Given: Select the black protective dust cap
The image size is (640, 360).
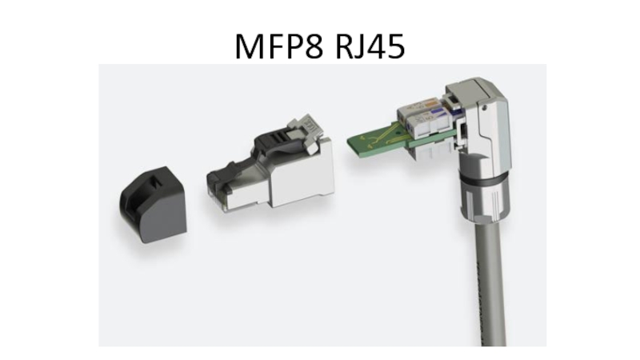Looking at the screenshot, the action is click(x=153, y=204).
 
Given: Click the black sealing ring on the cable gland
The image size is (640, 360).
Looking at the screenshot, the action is click(x=483, y=178).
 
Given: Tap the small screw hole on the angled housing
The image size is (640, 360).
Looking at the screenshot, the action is click(x=484, y=108).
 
